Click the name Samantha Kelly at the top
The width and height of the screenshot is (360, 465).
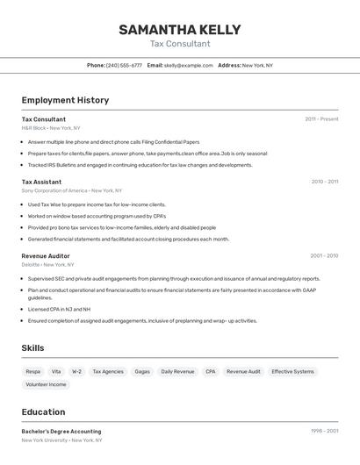pyautogui.click(x=180, y=29)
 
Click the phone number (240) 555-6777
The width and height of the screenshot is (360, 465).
pyautogui.click(x=124, y=65)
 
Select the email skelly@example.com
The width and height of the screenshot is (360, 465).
pyautogui.click(x=189, y=65)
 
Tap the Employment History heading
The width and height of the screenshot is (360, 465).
pyautogui.click(x=65, y=100)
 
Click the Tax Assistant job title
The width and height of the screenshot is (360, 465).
pyautogui.click(x=41, y=182)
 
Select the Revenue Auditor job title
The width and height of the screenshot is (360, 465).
pyautogui.click(x=46, y=256)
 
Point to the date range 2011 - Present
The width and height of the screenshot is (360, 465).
pyautogui.click(x=321, y=119)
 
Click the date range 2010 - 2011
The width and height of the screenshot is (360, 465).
pyautogui.click(x=324, y=182)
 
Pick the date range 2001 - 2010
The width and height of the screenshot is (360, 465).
pyautogui.click(x=324, y=256)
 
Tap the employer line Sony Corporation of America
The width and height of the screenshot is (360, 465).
pyautogui.click(x=71, y=190)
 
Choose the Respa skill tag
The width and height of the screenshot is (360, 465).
pyautogui.click(x=33, y=371)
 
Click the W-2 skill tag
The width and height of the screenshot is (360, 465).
pyautogui.click(x=77, y=371)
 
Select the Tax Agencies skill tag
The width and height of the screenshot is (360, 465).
pyautogui.click(x=108, y=371)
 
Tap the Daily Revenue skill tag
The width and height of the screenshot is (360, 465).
pyautogui.click(x=177, y=371)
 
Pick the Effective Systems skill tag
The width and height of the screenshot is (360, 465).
pyautogui.click(x=292, y=371)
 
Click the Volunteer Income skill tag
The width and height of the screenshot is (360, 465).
pyautogui.click(x=46, y=384)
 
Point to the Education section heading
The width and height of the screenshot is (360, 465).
pyautogui.click(x=43, y=411)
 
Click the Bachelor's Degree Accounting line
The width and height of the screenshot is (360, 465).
pyautogui.click(x=61, y=432)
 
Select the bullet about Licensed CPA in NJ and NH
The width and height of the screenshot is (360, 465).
pyautogui.click(x=59, y=309)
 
